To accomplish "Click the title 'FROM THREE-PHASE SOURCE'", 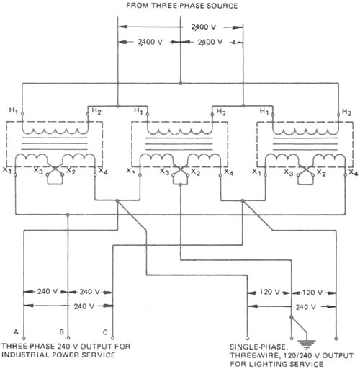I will pos(182,6).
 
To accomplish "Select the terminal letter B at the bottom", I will pos(62,332).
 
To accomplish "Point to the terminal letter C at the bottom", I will pos(106,332).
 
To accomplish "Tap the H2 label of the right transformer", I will pos(347,112).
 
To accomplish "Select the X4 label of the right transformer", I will pos(353,173).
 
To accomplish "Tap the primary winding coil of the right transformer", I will pos(302,131).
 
